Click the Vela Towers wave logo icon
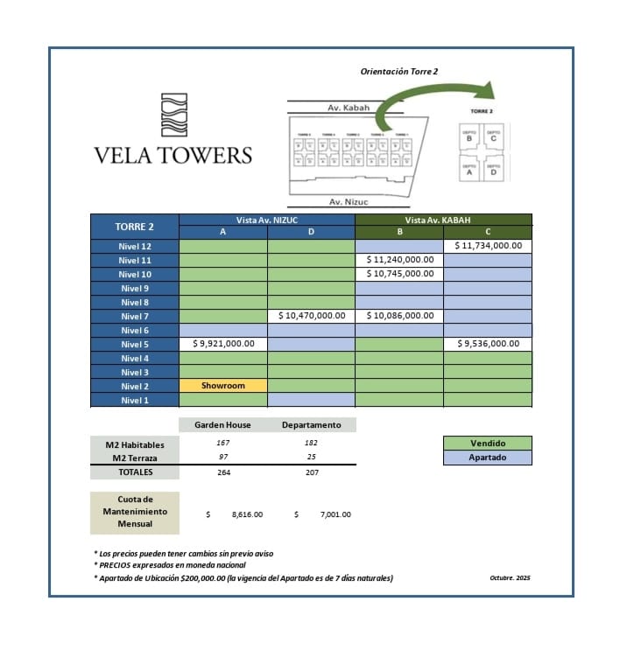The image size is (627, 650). [x=173, y=115]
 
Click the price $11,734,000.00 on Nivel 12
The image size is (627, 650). [x=488, y=246]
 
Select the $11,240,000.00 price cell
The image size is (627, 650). [x=399, y=260]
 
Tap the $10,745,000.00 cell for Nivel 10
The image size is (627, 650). [x=399, y=274]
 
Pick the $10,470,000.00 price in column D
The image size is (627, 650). [x=312, y=316]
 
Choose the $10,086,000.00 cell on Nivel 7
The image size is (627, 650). [x=399, y=316]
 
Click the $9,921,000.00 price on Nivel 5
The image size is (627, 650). [x=223, y=344]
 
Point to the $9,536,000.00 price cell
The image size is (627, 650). [x=488, y=344]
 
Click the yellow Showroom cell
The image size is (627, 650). [x=223, y=386]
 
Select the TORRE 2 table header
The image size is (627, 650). [x=135, y=226]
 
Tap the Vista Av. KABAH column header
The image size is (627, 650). [x=443, y=220]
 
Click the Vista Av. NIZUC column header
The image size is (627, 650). [x=267, y=220]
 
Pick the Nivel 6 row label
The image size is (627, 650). [x=135, y=330]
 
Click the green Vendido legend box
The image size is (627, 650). [x=488, y=443]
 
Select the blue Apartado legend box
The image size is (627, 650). [x=488, y=457]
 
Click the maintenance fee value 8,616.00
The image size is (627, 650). [x=246, y=514]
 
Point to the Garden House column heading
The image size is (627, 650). [x=223, y=425]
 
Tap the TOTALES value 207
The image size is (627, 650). [x=311, y=472]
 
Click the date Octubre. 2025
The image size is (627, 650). [x=511, y=577]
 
